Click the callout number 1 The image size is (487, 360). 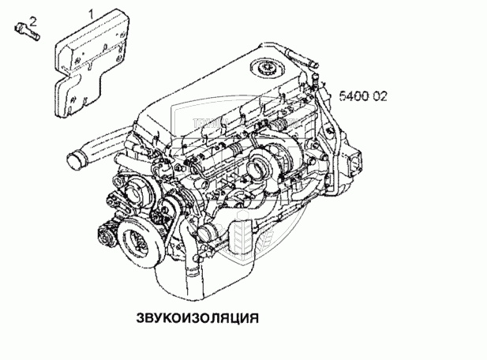click(91, 14)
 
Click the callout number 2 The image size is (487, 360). click(33, 21)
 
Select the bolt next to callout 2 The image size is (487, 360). click(27, 32)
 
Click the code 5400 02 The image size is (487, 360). click(363, 96)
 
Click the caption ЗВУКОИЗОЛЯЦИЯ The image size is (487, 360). click(197, 318)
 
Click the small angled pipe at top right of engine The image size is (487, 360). click(301, 57)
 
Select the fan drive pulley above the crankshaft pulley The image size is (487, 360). click(134, 195)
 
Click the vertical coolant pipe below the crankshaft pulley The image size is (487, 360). click(190, 264)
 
